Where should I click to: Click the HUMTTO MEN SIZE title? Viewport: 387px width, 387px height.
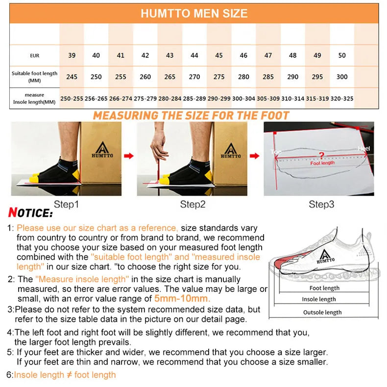click(194, 13)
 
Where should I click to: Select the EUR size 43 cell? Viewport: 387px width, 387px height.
click(169, 55)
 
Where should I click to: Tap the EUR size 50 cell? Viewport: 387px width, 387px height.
click(342, 55)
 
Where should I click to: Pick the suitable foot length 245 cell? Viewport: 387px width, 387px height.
click(72, 77)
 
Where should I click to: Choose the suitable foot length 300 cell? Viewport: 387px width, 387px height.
click(342, 77)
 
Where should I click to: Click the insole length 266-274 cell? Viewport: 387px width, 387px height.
click(121, 98)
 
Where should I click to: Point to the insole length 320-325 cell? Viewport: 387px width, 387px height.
click(342, 98)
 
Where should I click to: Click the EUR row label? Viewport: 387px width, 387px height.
click(34, 55)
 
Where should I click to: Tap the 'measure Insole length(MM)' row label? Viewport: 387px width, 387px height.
click(34, 98)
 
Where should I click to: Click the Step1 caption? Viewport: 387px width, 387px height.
click(66, 204)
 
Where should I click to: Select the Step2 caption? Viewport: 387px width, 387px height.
click(192, 204)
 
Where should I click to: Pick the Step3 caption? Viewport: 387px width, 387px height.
click(321, 204)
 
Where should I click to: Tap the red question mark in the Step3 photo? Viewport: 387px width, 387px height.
click(321, 155)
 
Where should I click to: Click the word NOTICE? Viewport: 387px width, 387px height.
click(30, 214)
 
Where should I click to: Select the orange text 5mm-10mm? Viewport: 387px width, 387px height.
click(182, 298)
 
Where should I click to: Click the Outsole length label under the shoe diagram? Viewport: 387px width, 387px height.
click(322, 313)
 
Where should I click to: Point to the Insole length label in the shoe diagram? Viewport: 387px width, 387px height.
click(319, 299)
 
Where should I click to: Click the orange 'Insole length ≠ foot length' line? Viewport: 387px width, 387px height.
click(65, 375)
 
